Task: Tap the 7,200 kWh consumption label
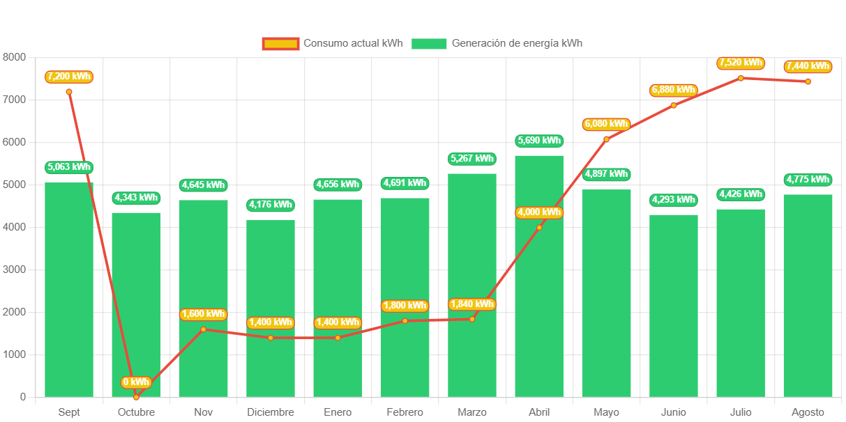coord(69,77)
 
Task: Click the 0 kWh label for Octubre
coord(136,382)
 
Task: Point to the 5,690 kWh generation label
coord(539,141)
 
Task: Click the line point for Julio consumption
coord(741,78)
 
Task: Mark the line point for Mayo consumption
coord(606,139)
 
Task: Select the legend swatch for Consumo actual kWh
coord(280,44)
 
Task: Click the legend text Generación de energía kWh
coord(517,43)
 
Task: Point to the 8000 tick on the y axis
coord(14,57)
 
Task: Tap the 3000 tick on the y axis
coord(14,269)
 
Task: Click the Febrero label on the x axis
coord(405,412)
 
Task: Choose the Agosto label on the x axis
coord(808,412)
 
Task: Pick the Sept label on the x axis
coord(69,412)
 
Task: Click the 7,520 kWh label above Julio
coord(741,63)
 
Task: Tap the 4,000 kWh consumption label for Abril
coord(539,212)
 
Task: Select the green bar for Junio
coord(674,306)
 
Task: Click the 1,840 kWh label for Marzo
coord(472,304)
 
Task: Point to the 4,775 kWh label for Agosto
coord(808,180)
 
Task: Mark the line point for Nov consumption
coord(204,329)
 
